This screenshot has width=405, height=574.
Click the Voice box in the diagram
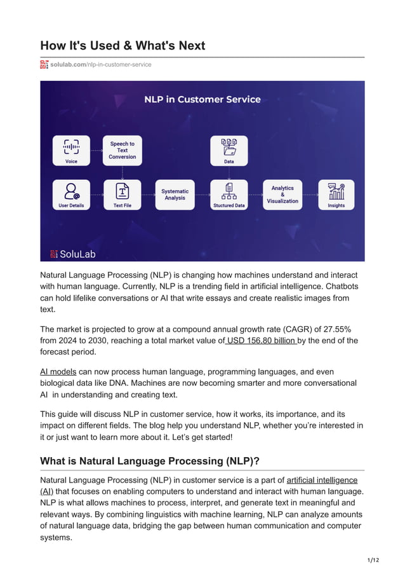click(71, 151)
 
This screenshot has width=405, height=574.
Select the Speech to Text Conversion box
click(122, 151)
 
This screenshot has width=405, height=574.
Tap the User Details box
click(71, 195)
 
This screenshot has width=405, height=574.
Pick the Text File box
click(122, 195)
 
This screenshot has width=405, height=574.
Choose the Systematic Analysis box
click(175, 195)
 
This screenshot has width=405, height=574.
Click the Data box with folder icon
click(229, 151)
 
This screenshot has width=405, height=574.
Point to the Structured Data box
click(229, 195)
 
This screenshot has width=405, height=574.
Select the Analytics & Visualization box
click(282, 195)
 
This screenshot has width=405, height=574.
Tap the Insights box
click(336, 195)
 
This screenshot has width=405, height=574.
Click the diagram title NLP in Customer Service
click(202, 99)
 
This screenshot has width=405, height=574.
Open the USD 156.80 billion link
click(261, 340)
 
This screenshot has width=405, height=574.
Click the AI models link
click(58, 371)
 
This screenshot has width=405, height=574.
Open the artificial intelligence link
click(322, 480)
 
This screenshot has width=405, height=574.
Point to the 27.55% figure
click(336, 328)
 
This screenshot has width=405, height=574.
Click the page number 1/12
click(373, 559)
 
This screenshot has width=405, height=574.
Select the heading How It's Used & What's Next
click(123, 46)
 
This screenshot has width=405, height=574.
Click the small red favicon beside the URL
click(44, 64)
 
